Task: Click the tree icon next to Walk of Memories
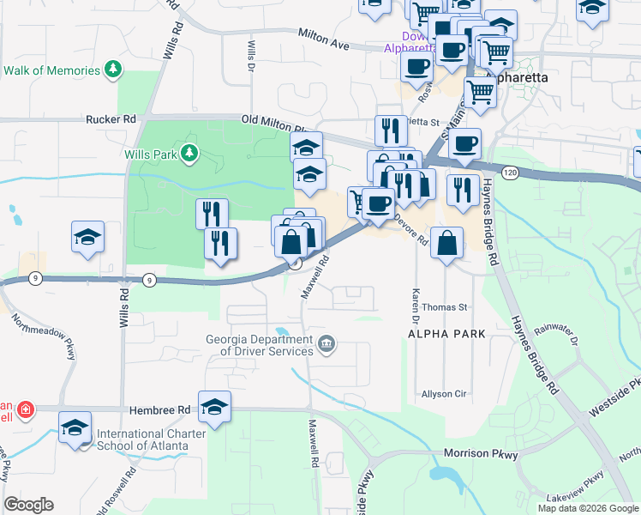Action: tap(111, 68)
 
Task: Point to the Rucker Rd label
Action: tap(111, 119)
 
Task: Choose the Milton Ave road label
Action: tap(326, 38)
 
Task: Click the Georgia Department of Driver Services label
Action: tap(259, 344)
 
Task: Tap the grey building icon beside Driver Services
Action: tap(326, 345)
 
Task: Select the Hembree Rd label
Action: tap(159, 411)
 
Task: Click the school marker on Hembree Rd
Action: tap(214, 407)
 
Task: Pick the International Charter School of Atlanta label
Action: tap(142, 439)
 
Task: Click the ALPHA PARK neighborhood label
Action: tap(446, 333)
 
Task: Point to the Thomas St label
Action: tap(445, 306)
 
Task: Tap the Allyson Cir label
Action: tap(443, 394)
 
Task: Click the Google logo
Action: tap(28, 505)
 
